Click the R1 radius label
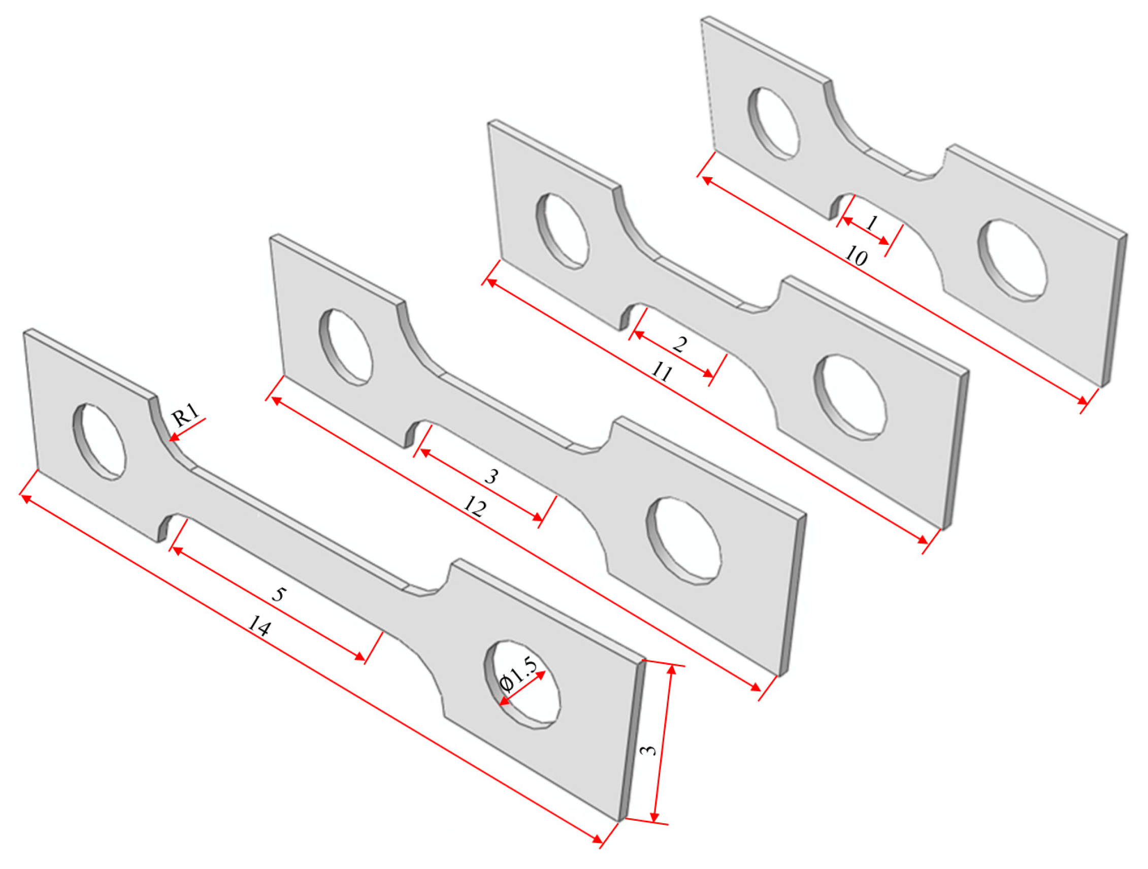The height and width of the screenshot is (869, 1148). tap(186, 416)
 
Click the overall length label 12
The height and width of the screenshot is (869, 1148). tap(474, 507)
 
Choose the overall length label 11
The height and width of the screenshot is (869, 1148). tap(661, 372)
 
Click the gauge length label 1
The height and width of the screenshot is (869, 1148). tap(872, 224)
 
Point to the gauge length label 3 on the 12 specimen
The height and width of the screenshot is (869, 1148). tap(490, 476)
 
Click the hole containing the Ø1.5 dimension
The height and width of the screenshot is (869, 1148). tap(522, 684)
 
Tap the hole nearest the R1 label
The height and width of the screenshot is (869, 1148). tap(99, 441)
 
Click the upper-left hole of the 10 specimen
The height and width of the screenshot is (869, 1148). tap(773, 123)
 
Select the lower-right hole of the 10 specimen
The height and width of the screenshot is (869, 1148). tap(1012, 260)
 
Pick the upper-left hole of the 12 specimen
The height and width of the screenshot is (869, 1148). tap(346, 347)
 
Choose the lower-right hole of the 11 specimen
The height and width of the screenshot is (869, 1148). tap(850, 397)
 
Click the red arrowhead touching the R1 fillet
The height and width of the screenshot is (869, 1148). tap(173, 438)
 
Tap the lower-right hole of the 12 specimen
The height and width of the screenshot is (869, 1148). tap(683, 541)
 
